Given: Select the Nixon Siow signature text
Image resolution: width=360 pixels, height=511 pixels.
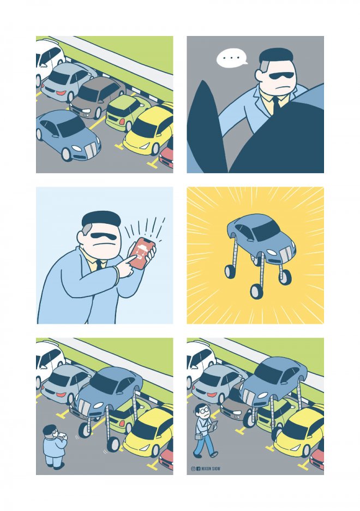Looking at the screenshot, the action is point(211,468).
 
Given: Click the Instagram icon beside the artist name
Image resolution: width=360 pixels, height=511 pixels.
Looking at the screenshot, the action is point(193,468).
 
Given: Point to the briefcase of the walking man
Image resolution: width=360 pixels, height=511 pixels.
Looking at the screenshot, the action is point(198,437).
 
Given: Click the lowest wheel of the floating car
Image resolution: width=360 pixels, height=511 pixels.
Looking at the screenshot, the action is point(256,292).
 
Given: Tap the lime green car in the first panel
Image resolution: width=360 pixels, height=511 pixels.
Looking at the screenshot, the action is point(127,112).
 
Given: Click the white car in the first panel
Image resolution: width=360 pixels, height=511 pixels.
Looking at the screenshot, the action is point(49,60).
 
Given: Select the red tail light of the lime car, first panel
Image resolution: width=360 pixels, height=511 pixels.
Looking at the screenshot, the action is point(122,121).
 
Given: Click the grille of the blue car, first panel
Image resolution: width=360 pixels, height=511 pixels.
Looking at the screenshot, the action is point(91,150).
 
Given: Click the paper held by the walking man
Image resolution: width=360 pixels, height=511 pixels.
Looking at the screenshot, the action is point(214,425).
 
